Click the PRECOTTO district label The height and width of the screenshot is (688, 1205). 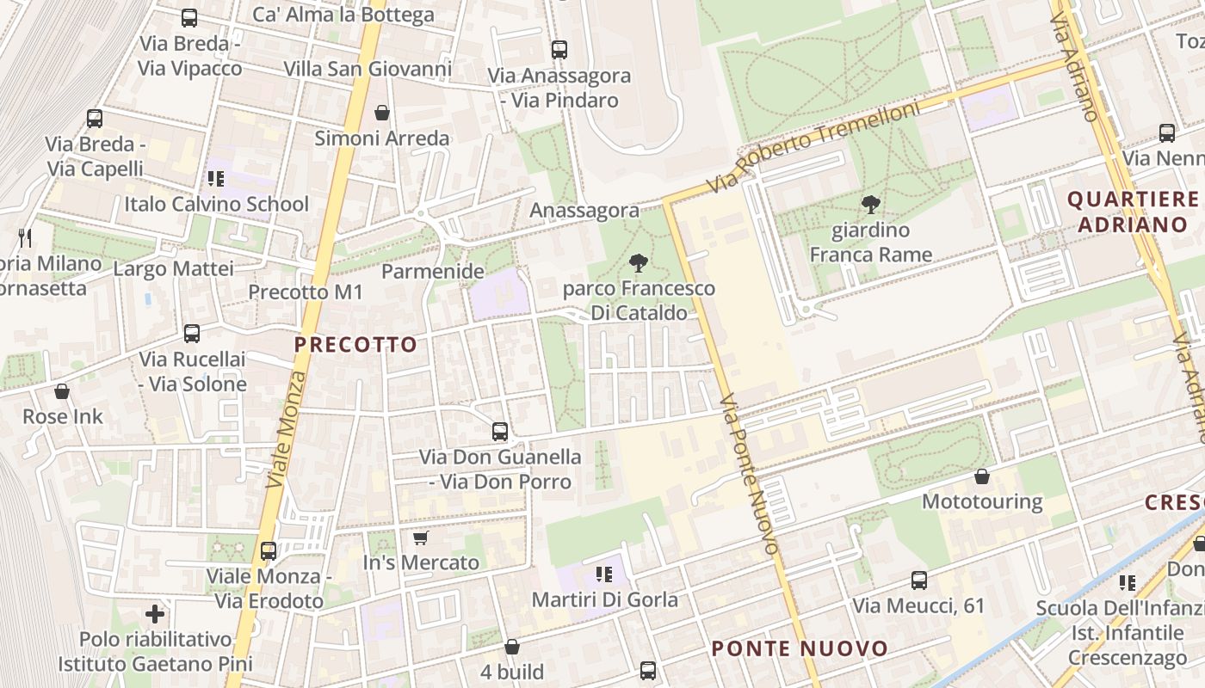pyautogui.click(x=355, y=345)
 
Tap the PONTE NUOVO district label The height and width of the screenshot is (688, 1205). pyautogui.click(x=800, y=648)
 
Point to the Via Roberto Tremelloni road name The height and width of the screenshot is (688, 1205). pyautogui.click(x=813, y=145)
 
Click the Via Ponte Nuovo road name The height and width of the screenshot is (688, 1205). pyautogui.click(x=751, y=474)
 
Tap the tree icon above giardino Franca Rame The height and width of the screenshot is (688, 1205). pyautogui.click(x=870, y=205)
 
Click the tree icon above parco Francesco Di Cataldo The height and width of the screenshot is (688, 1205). pyautogui.click(x=639, y=262)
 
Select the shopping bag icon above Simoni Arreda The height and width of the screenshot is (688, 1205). pyautogui.click(x=382, y=113)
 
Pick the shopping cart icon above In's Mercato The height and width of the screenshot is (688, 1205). pyautogui.click(x=421, y=537)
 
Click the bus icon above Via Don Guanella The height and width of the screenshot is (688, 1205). pyautogui.click(x=500, y=431)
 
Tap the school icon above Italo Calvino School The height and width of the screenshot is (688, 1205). pyautogui.click(x=215, y=179)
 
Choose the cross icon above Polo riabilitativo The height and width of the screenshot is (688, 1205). pyautogui.click(x=155, y=614)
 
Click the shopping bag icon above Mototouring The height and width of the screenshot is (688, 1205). pyautogui.click(x=982, y=476)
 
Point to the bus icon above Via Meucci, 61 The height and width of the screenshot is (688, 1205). pyautogui.click(x=919, y=580)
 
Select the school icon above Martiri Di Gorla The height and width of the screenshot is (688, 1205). pyautogui.click(x=604, y=574)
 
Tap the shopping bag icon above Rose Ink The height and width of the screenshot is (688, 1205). pyautogui.click(x=62, y=391)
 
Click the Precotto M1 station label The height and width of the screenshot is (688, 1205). pyautogui.click(x=306, y=292)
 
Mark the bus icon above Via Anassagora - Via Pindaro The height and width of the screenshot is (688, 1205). pyautogui.click(x=559, y=50)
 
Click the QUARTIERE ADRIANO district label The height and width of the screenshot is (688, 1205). pyautogui.click(x=1133, y=212)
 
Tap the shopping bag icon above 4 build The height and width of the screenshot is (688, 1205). pyautogui.click(x=512, y=646)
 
